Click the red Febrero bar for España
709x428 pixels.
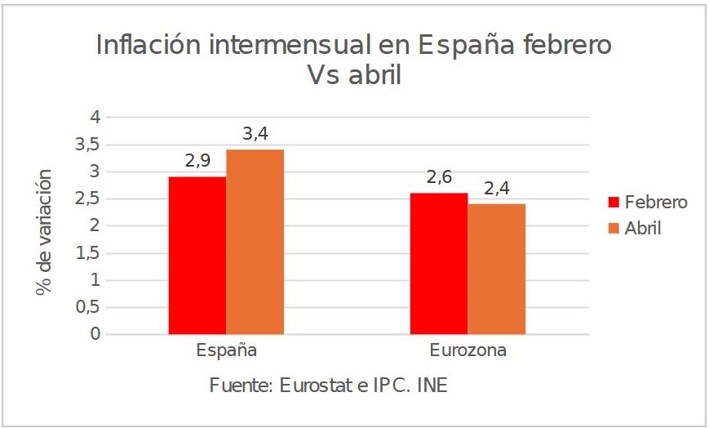coord(197,255)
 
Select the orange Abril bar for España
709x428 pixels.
coord(255,242)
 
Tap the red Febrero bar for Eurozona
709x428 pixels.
coord(439,263)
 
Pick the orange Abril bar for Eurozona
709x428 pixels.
coord(496,269)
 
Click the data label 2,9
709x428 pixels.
coord(198,161)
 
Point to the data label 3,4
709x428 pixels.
coord(255,134)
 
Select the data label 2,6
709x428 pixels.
coord(439,177)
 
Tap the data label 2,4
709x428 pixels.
coord(496,188)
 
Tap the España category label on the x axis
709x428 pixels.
coord(227,351)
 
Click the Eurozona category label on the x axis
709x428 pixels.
coord(467,351)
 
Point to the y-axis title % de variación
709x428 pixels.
coord(44,232)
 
